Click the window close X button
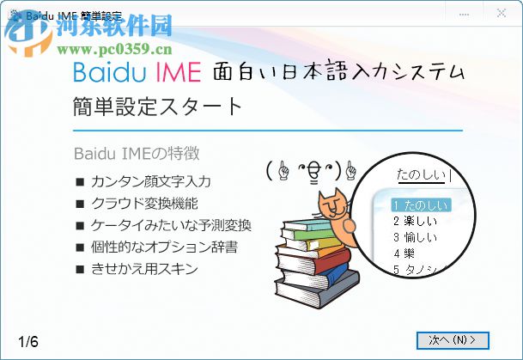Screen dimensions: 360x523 [x=501, y=13]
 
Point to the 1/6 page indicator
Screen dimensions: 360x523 [x=28, y=341]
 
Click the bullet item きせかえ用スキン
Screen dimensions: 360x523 [x=144, y=269]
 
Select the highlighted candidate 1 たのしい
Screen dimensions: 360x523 [x=419, y=205]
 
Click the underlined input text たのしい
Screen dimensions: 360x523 [x=421, y=176]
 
